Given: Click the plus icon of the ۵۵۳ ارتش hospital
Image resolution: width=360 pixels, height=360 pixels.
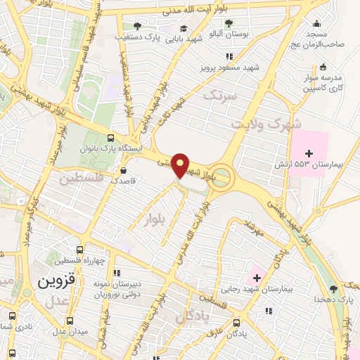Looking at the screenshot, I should pyautogui.click(x=308, y=153).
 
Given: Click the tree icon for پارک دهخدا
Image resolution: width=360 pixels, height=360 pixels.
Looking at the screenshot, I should pyautogui.click(x=333, y=288).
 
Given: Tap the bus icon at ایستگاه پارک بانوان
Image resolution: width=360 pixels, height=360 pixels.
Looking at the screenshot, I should pyautogui.click(x=110, y=139).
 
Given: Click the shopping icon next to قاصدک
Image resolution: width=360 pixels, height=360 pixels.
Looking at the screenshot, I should pyautogui.click(x=124, y=169).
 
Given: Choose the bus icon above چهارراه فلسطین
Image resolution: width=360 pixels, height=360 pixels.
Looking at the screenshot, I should pyautogui.click(x=79, y=250).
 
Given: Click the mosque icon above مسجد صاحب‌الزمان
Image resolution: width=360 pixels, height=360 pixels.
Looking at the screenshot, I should pyautogui.click(x=317, y=22).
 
